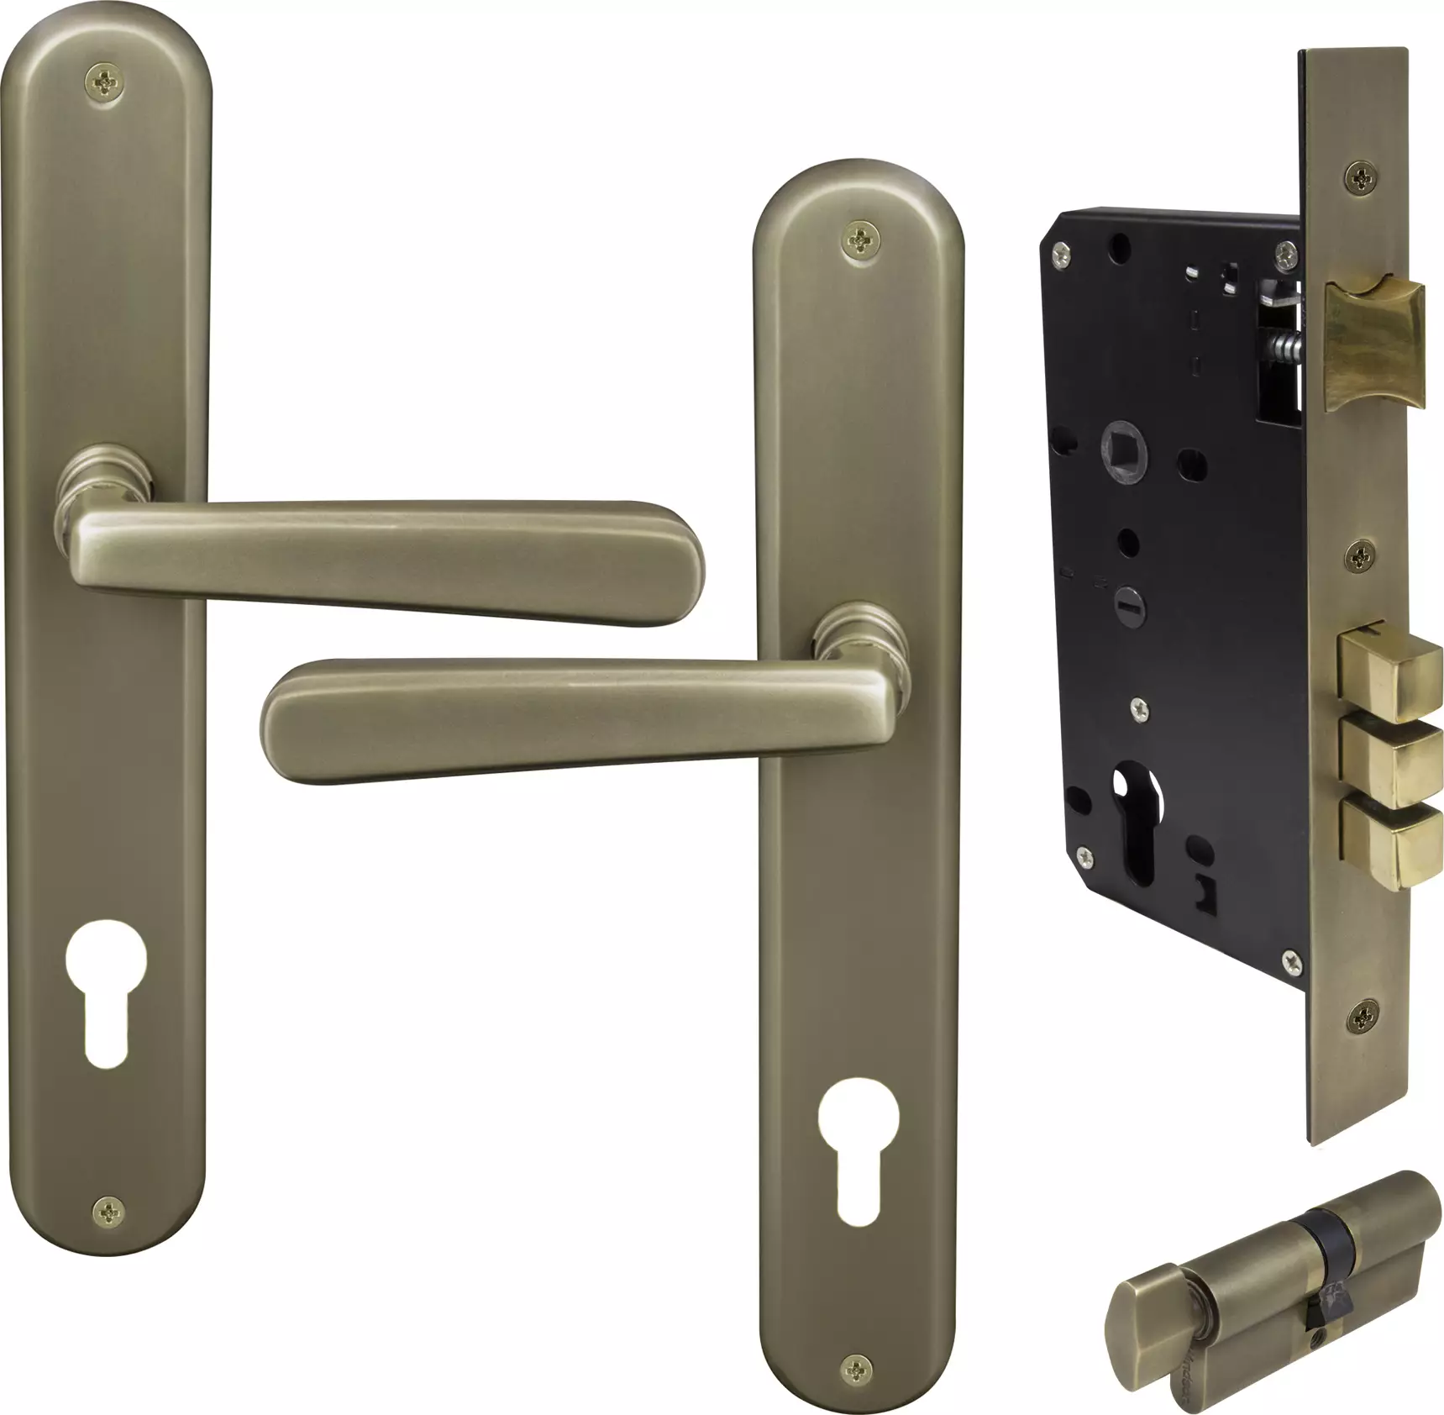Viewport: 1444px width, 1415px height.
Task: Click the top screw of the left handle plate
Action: click(x=106, y=82)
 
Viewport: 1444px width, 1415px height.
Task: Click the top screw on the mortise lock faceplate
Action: click(x=1358, y=177)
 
